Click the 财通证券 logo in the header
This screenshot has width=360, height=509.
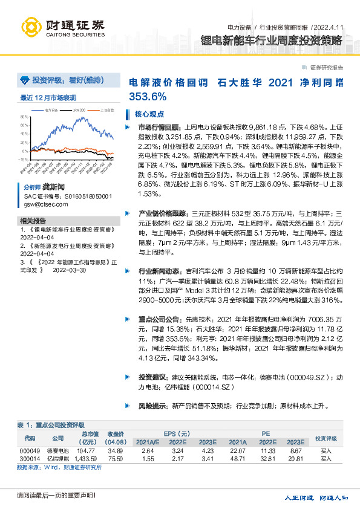[x=63, y=27]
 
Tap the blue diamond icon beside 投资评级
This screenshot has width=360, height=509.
[x=25, y=80]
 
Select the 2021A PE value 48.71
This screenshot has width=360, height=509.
[x=238, y=459]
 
